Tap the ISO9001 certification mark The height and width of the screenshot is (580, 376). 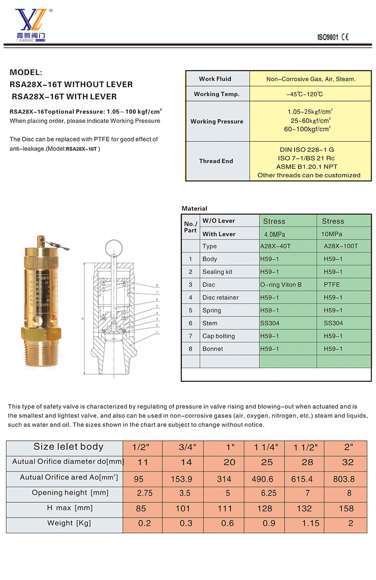[327, 38]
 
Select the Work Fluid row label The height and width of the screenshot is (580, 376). [215, 79]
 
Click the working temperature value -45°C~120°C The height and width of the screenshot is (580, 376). [305, 94]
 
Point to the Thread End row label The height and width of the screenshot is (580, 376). [216, 161]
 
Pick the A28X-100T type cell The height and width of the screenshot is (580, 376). [340, 246]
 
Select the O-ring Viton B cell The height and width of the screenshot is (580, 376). [281, 285]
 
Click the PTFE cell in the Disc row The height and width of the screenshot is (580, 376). [332, 285]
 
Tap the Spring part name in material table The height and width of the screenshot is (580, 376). [212, 310]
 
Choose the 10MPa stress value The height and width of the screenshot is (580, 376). [332, 234]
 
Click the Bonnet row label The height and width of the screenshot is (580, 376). [213, 349]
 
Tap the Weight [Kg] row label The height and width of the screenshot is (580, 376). [69, 523]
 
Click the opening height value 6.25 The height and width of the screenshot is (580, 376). [269, 493]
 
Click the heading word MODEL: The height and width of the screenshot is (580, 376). [26, 73]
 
